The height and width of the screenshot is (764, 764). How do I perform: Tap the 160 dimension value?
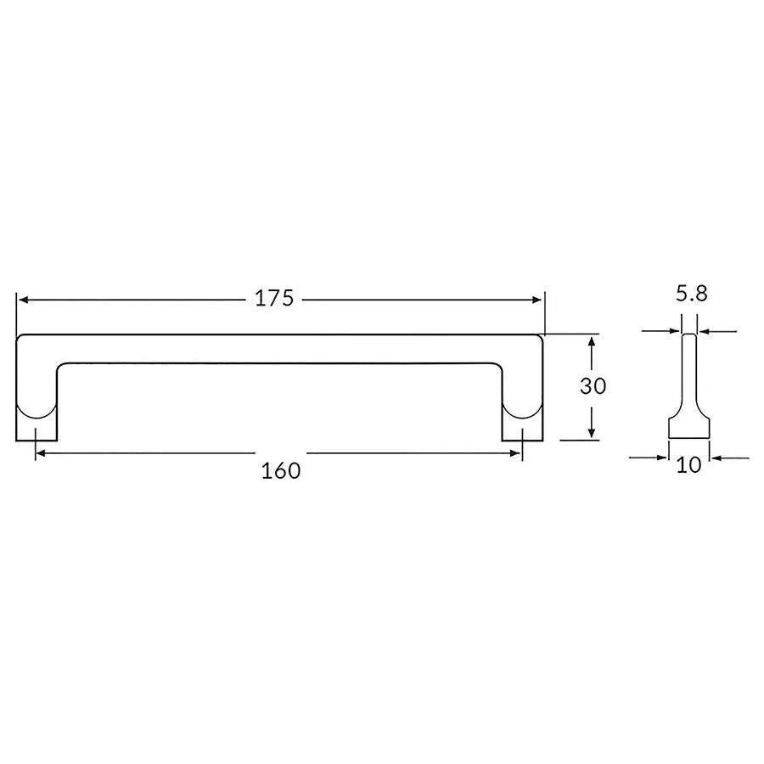pyautogui.click(x=281, y=469)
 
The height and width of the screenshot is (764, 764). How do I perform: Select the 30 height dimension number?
pyautogui.click(x=593, y=386)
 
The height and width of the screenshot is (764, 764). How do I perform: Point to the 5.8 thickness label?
pyautogui.click(x=691, y=295)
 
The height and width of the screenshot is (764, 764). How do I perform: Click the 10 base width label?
pyautogui.click(x=689, y=465)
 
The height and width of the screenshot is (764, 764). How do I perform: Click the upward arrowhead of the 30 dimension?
pyautogui.click(x=593, y=340)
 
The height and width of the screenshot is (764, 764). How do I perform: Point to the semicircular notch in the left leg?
pyautogui.click(x=37, y=412)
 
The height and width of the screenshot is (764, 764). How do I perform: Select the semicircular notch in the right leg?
pyautogui.click(x=522, y=412)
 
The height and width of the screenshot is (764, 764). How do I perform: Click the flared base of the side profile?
pyautogui.click(x=689, y=427)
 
